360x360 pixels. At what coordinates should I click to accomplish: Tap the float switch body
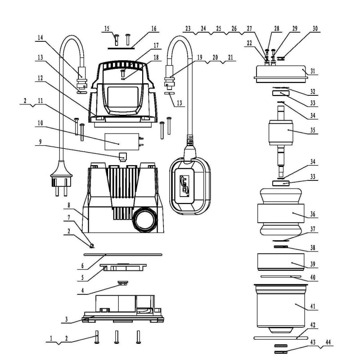(189, 184)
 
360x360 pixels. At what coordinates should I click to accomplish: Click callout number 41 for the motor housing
(312, 307)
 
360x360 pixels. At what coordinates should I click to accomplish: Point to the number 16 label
(154, 28)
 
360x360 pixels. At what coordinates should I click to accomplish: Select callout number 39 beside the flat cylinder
(312, 264)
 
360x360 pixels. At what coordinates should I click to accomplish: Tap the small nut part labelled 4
(121, 284)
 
